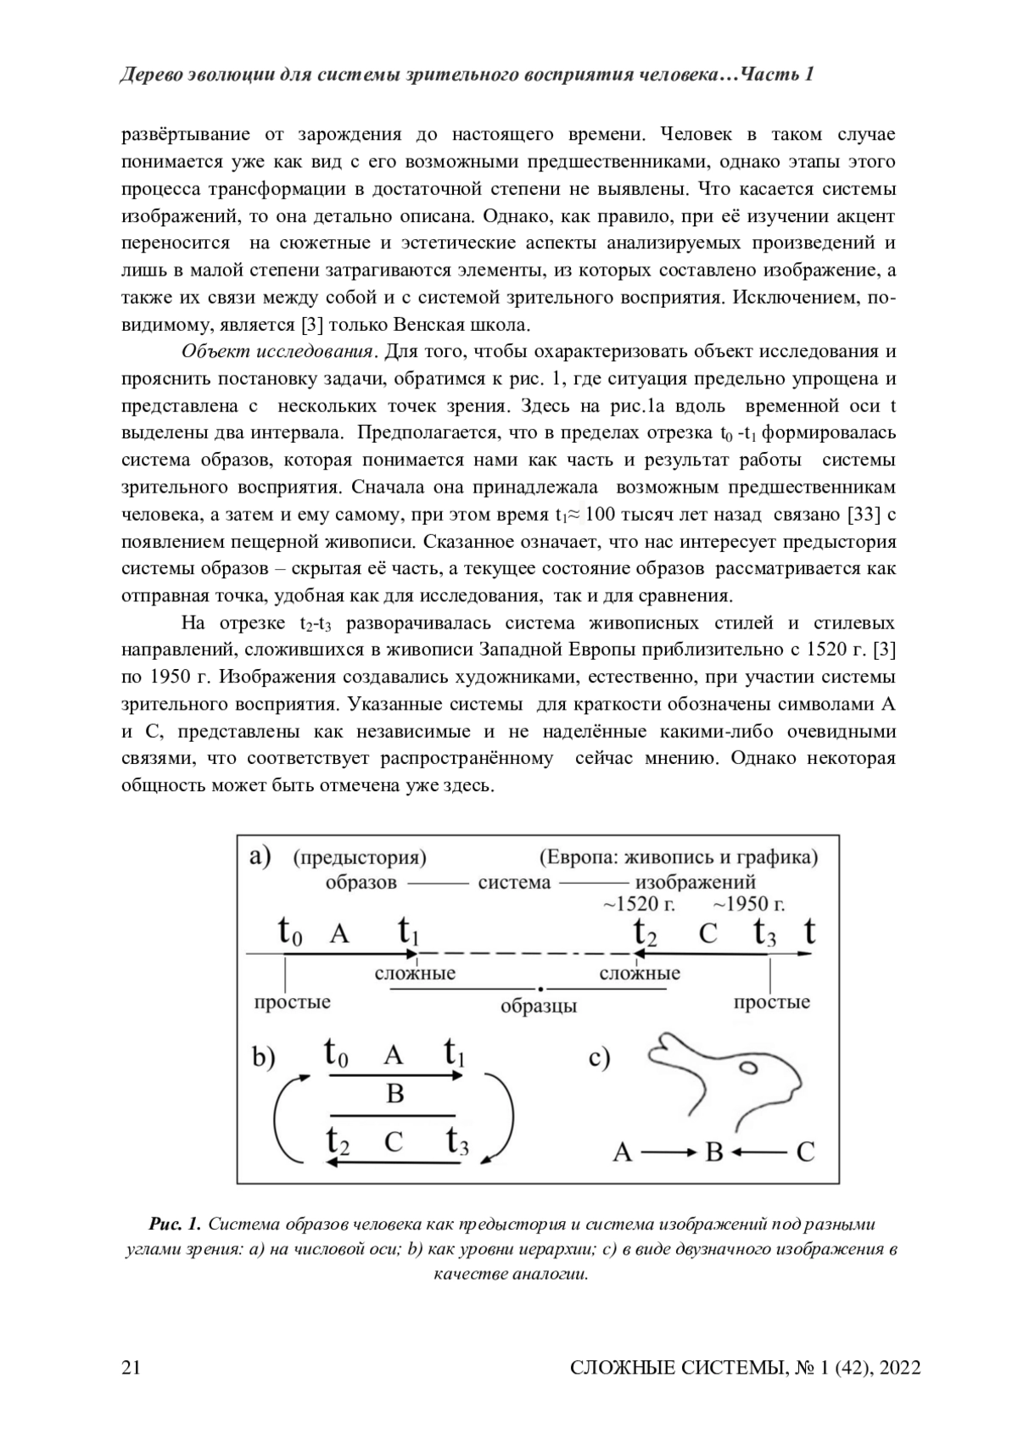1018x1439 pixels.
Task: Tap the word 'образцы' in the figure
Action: (x=538, y=1007)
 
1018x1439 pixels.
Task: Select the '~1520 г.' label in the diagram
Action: (x=639, y=904)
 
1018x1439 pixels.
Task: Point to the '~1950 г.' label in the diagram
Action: (x=748, y=904)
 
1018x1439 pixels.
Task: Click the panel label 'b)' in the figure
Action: (x=264, y=1058)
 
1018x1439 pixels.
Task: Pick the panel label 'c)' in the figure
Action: (x=599, y=1058)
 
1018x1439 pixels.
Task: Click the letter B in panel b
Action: (x=394, y=1094)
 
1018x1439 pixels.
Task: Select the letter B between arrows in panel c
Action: (x=713, y=1152)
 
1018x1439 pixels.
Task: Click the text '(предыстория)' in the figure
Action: (x=359, y=857)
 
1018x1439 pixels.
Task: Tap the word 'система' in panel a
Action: (x=514, y=882)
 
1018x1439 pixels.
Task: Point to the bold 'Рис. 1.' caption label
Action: (x=174, y=1224)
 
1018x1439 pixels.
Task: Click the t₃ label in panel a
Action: (x=765, y=934)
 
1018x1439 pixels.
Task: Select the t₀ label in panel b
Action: (x=336, y=1054)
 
